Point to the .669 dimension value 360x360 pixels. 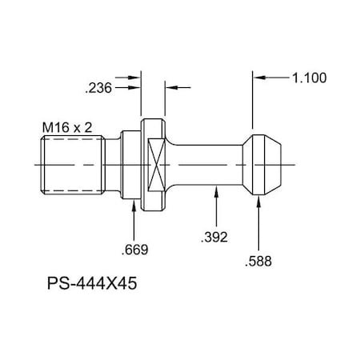pos(134,250)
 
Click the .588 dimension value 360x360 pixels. pos(258,261)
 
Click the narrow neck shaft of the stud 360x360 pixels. pos(204,164)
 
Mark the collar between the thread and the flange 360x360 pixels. pos(128,164)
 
